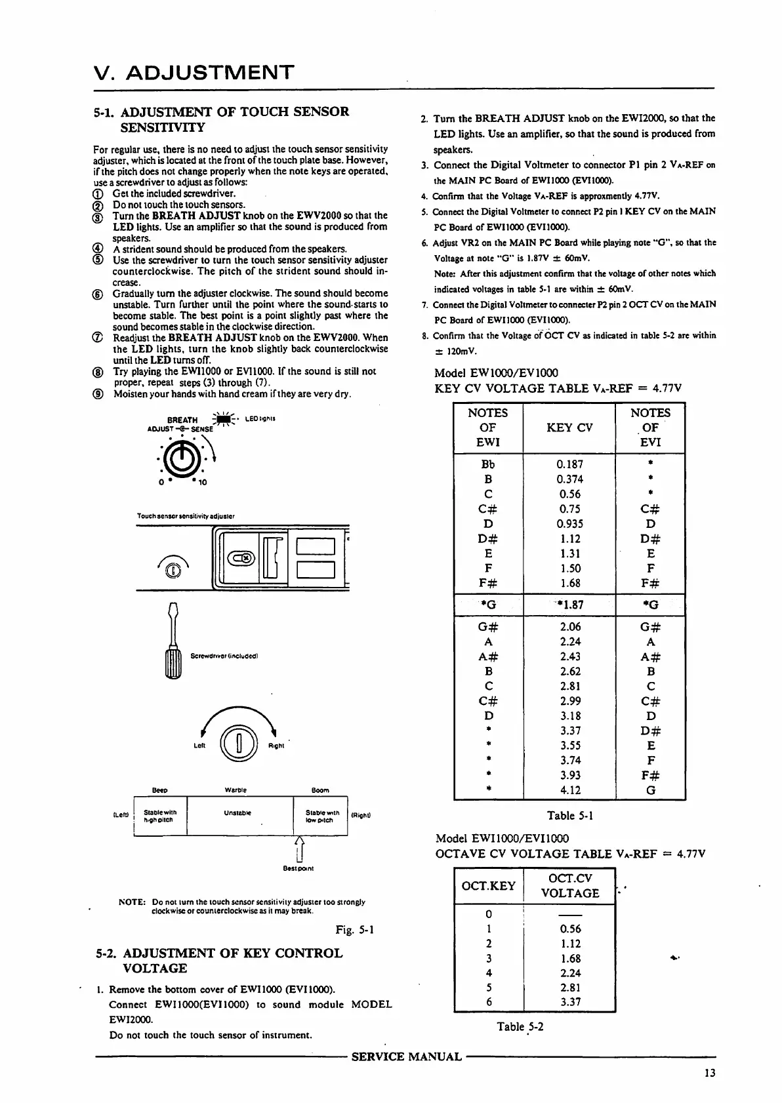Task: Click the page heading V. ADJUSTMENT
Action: pyautogui.click(x=194, y=71)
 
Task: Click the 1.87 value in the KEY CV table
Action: pyautogui.click(x=569, y=604)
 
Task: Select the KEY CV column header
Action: pyautogui.click(x=569, y=428)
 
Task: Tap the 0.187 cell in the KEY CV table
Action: pyautogui.click(x=569, y=464)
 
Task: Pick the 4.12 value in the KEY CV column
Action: pyautogui.click(x=569, y=790)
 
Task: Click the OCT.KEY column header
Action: pyautogui.click(x=489, y=886)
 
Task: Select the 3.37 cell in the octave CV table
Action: pyautogui.click(x=570, y=1001)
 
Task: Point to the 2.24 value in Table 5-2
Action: pyautogui.click(x=570, y=973)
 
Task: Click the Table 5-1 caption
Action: pyautogui.click(x=570, y=816)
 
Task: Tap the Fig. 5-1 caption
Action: pyautogui.click(x=354, y=929)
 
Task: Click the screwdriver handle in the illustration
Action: pyautogui.click(x=173, y=662)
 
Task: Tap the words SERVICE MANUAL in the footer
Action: pyautogui.click(x=407, y=1056)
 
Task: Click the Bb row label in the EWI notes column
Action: pyautogui.click(x=488, y=464)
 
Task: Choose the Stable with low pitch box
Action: pyautogui.click(x=322, y=816)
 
